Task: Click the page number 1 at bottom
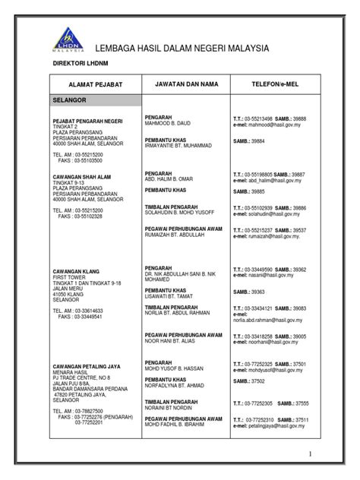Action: tap(311, 454)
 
